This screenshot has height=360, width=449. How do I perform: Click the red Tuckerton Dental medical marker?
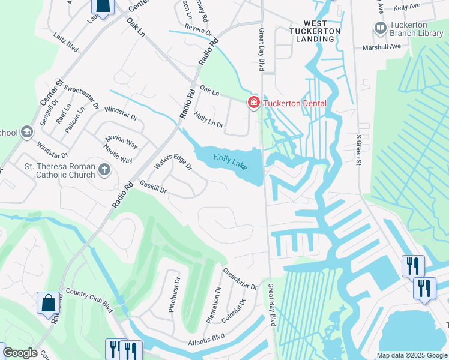pos(254,103)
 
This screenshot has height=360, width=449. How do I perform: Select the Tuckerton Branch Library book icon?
pos(380,28)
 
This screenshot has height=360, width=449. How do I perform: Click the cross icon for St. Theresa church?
pos(105,170)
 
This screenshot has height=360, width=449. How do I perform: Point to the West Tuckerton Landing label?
pos(315,34)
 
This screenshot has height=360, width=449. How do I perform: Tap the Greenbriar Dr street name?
pos(240,278)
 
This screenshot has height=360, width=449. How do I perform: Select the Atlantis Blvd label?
pos(206,340)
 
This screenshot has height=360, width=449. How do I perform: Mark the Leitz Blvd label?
pos(65,41)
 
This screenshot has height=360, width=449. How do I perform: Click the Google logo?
pos(20,353)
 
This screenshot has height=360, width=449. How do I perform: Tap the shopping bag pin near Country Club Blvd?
pos(49,302)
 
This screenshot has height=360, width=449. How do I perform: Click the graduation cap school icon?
pos(26,132)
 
